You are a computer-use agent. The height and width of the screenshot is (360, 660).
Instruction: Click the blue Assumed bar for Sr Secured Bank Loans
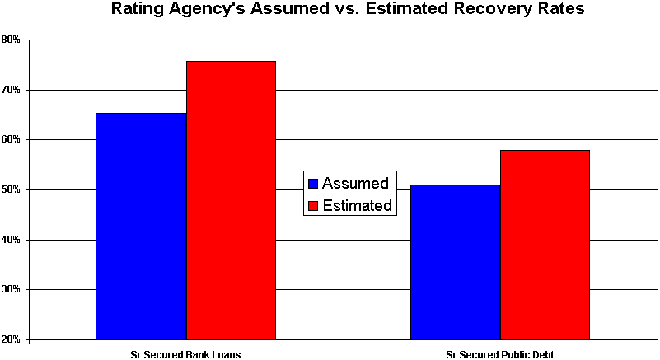[x=141, y=226]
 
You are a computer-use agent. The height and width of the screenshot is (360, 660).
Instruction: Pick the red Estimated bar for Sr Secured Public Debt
[x=545, y=245]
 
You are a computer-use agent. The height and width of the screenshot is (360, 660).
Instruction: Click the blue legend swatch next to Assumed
[x=313, y=184]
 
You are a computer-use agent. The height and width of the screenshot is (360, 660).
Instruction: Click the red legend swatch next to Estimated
[x=313, y=206]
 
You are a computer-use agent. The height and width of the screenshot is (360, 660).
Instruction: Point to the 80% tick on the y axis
[x=12, y=40]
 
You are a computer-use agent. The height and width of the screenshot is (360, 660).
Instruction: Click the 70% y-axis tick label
[x=12, y=90]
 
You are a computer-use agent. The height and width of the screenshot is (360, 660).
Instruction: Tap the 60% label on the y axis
[x=12, y=140]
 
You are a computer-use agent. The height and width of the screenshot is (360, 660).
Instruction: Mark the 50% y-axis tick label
[x=12, y=189]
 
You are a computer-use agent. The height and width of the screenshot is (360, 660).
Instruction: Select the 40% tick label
[x=12, y=240]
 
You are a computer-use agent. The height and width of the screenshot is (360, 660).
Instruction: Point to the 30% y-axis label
[x=12, y=290]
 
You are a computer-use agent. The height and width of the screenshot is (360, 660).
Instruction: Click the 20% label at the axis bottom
[x=12, y=339]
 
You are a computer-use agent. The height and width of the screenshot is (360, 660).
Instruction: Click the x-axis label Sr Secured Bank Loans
[x=185, y=353]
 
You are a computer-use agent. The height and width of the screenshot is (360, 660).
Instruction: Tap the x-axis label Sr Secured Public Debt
[x=500, y=353]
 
